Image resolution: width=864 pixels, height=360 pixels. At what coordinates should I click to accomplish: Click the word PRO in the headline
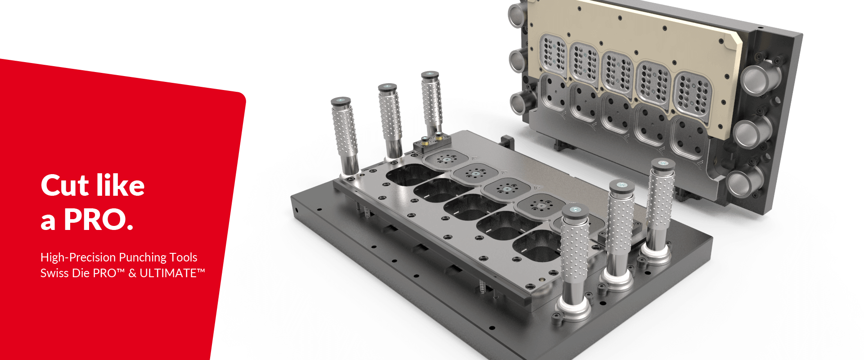pos(94,220)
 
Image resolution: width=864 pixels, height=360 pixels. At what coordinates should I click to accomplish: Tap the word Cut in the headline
pos(64,186)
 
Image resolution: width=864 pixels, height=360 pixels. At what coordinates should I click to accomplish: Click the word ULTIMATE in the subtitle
pos(168,273)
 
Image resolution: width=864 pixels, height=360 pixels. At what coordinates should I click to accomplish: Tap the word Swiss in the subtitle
pos(54,273)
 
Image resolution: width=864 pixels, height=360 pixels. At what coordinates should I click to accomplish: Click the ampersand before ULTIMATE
pos(132,273)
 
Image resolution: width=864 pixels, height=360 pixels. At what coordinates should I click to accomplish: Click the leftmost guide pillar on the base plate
pos(345,135)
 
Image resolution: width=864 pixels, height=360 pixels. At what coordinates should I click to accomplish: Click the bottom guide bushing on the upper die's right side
pos(742,182)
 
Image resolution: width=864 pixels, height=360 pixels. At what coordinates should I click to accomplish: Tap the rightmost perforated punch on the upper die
pos(693,94)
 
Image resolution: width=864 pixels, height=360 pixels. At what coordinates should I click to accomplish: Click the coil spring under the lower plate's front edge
pos(482,286)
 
